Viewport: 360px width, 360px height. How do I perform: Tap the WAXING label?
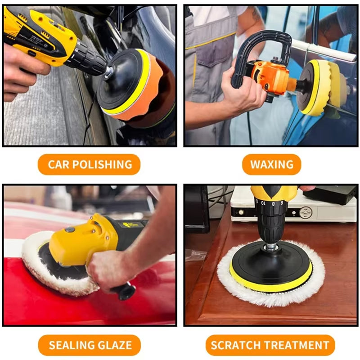click(x=271, y=164)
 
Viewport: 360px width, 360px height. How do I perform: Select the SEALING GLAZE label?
click(x=90, y=345)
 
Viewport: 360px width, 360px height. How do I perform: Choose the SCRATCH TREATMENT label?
click(x=270, y=345)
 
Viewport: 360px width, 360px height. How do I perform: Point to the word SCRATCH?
click(x=235, y=345)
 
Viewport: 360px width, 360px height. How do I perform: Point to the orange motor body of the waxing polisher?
click(x=270, y=76)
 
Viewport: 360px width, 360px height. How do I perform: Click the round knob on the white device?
click(x=306, y=211)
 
